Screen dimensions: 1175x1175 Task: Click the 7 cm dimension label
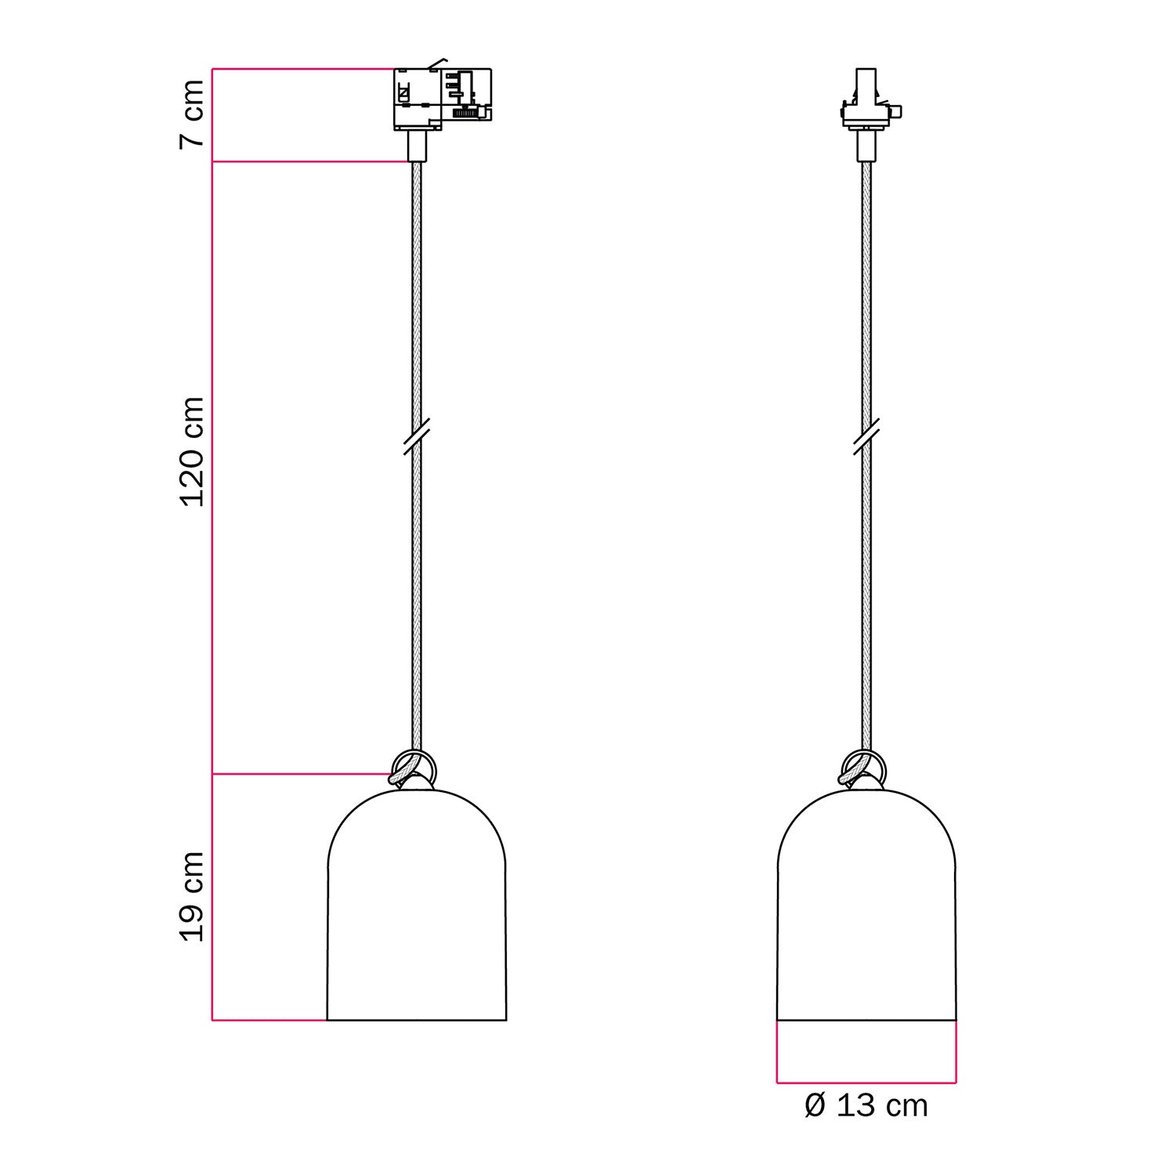point(192,113)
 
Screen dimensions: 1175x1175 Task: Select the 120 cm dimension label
point(192,452)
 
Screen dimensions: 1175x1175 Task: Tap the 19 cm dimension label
point(192,896)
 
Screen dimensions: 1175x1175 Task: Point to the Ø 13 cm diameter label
point(866,1106)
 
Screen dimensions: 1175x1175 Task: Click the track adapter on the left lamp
point(442,98)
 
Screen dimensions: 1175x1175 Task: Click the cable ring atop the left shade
point(413,766)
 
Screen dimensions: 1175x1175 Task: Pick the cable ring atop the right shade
point(862,766)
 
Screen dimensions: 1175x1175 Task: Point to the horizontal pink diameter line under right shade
point(866,1083)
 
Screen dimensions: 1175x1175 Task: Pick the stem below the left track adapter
point(417,146)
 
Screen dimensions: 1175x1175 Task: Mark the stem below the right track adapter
point(866,146)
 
